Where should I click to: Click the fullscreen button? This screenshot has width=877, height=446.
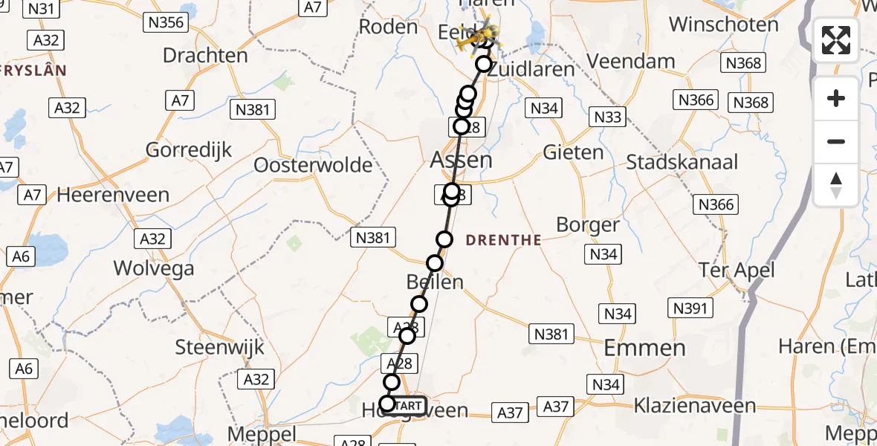tap(836, 40)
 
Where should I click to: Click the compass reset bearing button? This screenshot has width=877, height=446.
tap(836, 185)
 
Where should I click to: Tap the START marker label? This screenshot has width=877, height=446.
tap(408, 406)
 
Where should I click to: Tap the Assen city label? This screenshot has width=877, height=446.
tap(461, 160)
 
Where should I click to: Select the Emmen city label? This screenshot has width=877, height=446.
tap(644, 347)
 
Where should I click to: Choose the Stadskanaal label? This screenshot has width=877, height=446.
tap(682, 162)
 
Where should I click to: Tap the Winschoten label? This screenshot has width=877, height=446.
tap(723, 25)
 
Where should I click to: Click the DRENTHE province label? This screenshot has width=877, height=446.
tap(504, 240)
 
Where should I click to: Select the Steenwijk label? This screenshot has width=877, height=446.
tap(215, 346)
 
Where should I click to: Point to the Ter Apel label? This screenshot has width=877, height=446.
tap(737, 270)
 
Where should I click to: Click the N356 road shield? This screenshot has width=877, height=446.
tap(166, 22)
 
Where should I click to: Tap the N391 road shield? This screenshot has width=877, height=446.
tap(692, 307)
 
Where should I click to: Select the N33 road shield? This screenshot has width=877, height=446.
tap(607, 116)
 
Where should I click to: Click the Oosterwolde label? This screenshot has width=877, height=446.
tap(313, 164)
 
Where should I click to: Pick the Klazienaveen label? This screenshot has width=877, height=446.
tap(695, 406)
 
